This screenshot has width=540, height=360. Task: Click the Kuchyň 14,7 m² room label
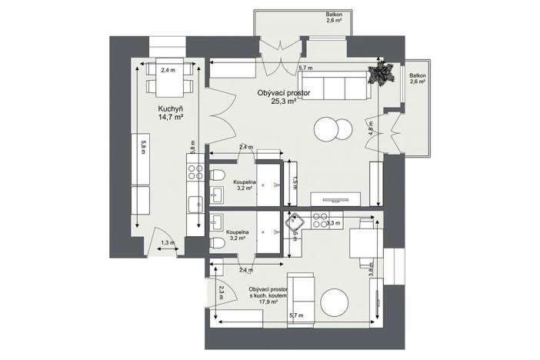pos(170,113)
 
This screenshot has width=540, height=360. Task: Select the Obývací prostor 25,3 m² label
pos(284,95)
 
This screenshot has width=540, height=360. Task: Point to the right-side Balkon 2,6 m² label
pos(418,78)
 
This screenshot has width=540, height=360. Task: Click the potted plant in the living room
pos(381,74)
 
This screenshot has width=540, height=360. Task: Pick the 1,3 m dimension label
pos(168,243)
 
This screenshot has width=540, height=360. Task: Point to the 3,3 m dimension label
pos(333,223)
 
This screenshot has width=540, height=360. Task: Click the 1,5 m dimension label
pos(294,182)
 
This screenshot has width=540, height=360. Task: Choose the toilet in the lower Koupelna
pos(218,243)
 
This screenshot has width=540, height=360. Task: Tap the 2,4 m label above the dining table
pos(168,69)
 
